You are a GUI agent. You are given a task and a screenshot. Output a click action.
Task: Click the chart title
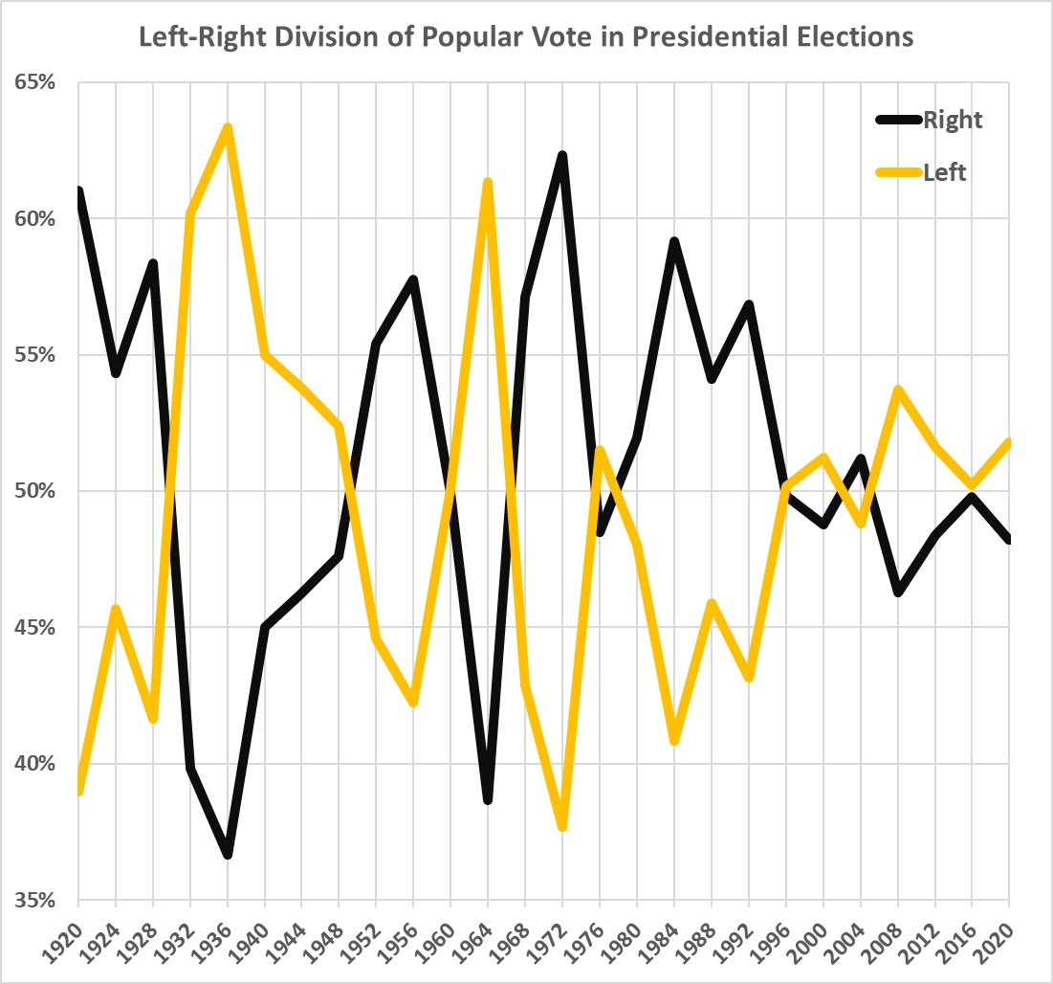[526, 37]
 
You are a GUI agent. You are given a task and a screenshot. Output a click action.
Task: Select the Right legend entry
[952, 120]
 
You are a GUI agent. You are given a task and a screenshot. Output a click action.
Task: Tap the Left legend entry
[945, 172]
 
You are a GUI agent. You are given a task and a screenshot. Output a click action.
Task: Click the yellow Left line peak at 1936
[228, 127]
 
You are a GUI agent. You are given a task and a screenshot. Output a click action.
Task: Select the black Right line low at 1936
[228, 854]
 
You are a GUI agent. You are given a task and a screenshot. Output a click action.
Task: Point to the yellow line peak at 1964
[488, 182]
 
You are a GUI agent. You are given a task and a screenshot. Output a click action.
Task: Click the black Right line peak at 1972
[562, 155]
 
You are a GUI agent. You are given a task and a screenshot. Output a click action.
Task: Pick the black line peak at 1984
[674, 241]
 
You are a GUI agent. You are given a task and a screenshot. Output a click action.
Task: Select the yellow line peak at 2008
[898, 390]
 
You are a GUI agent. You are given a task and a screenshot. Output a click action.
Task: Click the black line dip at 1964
[488, 799]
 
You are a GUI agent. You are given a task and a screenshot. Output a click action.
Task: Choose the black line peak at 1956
[413, 280]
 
